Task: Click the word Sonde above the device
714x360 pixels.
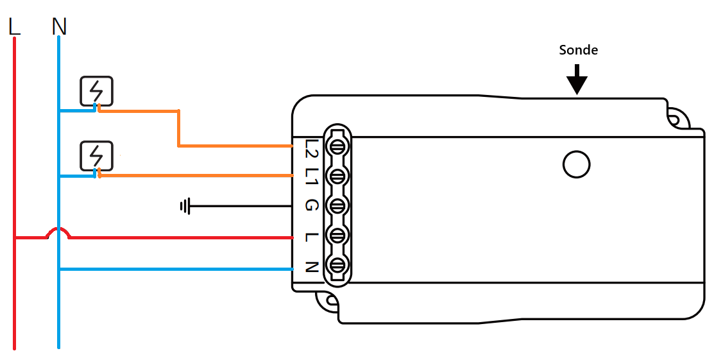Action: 578,50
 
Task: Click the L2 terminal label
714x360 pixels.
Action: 311,148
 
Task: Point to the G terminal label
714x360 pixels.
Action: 311,206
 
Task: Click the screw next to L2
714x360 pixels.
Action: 338,146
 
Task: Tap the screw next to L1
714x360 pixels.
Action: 338,176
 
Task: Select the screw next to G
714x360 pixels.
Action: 338,206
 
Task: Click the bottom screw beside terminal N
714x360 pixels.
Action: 338,264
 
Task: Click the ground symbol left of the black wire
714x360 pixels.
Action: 185,206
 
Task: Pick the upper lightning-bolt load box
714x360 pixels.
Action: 96,90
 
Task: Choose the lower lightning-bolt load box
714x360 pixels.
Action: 96,156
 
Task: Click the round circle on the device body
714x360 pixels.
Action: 575,164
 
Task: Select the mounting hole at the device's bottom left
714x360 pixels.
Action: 327,300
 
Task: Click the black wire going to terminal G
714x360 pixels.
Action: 244,206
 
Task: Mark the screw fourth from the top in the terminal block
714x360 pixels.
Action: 338,236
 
